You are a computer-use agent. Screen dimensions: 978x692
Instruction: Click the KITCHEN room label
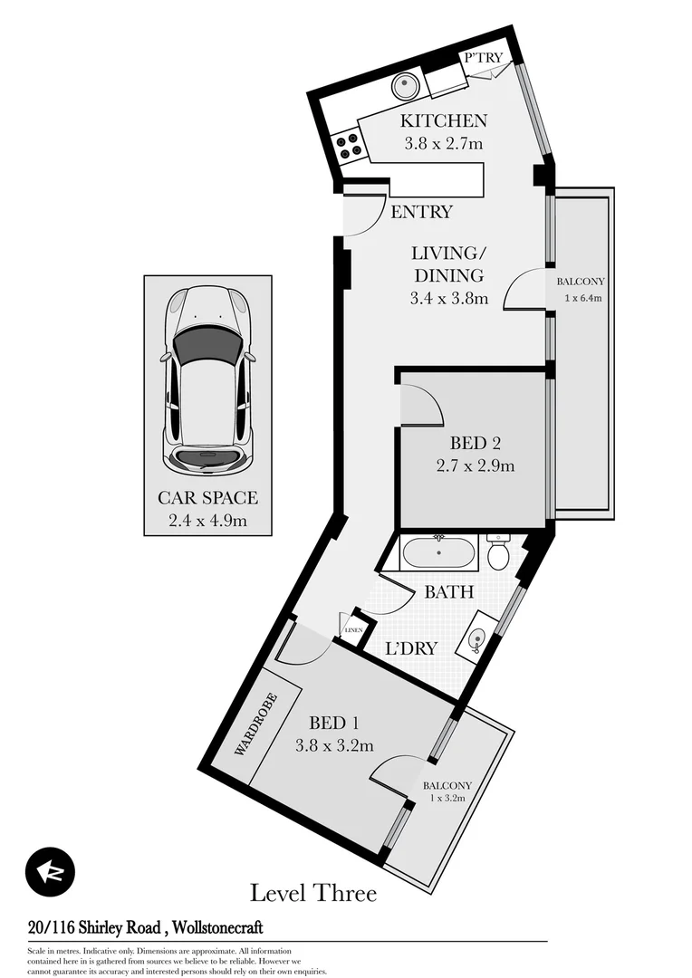point(445,120)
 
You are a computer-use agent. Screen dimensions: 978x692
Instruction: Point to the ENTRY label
point(421,212)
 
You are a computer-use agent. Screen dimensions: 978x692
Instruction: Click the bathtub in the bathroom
point(439,551)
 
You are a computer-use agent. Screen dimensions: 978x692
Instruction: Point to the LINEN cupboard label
point(352,629)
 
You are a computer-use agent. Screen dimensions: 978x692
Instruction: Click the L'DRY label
point(411,648)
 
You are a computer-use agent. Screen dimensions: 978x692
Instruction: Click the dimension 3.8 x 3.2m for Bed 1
point(334,746)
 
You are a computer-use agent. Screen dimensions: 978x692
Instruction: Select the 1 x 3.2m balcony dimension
point(447,798)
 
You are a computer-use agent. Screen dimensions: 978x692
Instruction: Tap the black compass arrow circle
point(51,872)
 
